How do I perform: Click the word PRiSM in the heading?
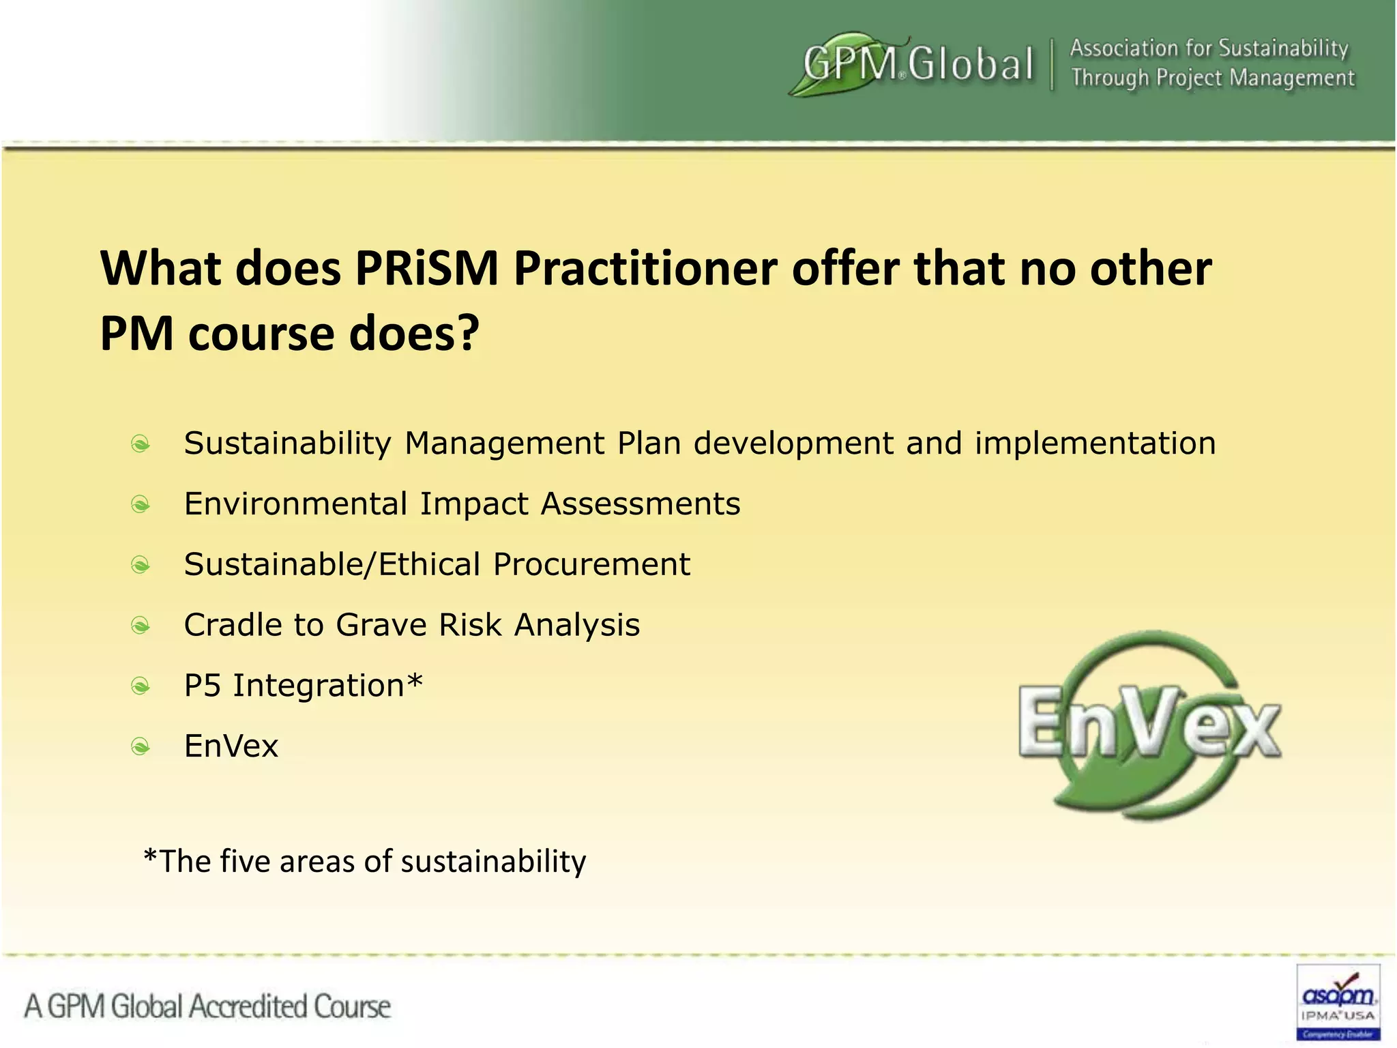[427, 269]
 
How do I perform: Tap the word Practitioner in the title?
[645, 269]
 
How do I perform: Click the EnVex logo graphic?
[1149, 725]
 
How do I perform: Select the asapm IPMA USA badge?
[1338, 1002]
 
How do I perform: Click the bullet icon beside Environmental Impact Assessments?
[141, 505]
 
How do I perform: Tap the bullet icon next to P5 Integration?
[141, 686]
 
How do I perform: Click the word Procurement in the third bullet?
[591, 565]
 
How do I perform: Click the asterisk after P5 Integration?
[415, 681]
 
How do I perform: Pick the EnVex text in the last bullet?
[231, 746]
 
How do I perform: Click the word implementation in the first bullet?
[1095, 444]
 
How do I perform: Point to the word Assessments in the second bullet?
[641, 505]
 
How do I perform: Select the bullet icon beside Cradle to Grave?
[141, 626]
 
